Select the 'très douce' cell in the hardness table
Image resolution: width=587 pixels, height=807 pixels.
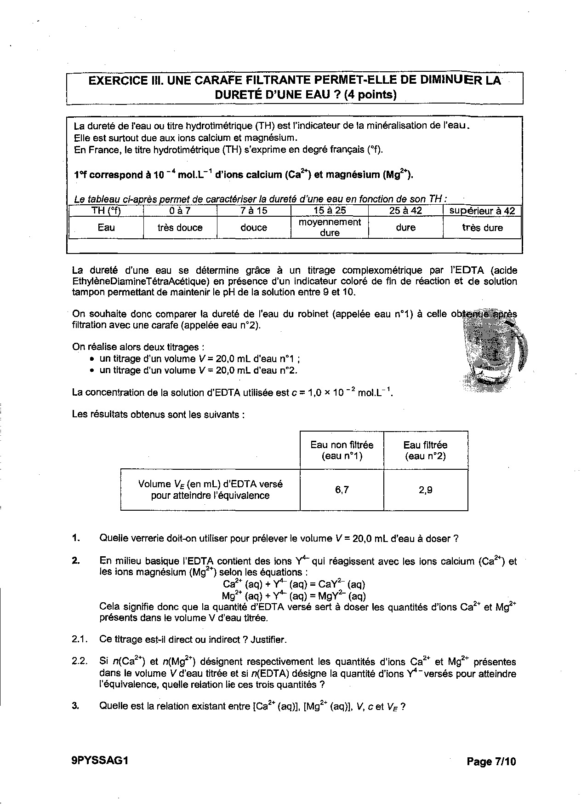[x=180, y=228]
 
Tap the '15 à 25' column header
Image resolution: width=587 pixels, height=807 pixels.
[x=330, y=211]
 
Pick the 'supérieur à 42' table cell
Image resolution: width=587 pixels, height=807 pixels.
[x=482, y=211]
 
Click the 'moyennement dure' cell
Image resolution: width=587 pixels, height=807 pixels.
[x=330, y=227]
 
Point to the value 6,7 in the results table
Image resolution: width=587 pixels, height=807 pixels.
[x=342, y=490]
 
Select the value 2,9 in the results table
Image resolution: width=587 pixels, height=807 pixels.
[x=425, y=490]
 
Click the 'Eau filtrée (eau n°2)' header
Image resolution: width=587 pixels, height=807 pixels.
[x=425, y=450]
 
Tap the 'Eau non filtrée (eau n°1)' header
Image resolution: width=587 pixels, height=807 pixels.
[x=342, y=450]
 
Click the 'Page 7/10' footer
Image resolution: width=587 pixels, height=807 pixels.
[x=491, y=761]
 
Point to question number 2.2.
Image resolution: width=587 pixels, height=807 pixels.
[x=79, y=662]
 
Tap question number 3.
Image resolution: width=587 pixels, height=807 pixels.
[x=75, y=706]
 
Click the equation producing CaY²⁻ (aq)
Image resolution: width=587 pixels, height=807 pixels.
[x=294, y=584]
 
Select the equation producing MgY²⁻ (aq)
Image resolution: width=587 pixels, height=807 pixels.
[x=294, y=596]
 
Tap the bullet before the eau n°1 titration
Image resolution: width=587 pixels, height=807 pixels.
[x=92, y=359]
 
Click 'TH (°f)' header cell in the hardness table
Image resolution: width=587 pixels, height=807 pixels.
[x=106, y=211]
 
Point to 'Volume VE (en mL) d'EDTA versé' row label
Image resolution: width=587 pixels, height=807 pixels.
[x=210, y=484]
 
